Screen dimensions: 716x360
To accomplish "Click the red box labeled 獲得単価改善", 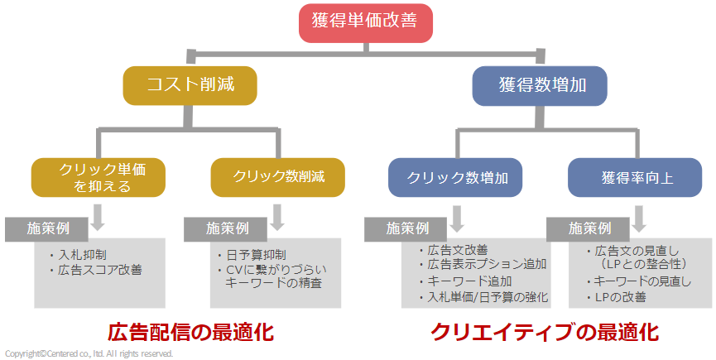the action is point(365,23).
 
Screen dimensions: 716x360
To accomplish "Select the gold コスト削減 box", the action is point(190,86).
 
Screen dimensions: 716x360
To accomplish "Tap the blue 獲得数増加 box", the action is point(540,86).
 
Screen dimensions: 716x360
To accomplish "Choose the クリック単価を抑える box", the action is point(99,177).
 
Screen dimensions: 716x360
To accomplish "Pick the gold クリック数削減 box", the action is point(277,177).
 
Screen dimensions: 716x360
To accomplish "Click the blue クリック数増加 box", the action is point(455,177).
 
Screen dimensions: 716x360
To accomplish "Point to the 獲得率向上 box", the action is point(635,177).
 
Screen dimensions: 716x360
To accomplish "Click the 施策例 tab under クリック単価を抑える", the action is point(46,228).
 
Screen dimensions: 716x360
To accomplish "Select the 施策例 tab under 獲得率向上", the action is point(589,228).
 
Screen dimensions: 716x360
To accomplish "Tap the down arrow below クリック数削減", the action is point(277,218).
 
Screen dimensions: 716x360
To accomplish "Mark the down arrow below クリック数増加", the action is point(457,218).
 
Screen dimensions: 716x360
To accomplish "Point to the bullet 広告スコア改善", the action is point(96,270).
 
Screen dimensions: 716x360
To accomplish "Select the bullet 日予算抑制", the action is point(252,255).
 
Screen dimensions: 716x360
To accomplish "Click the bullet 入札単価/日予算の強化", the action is point(483,297).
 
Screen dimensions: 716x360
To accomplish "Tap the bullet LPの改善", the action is point(617,297).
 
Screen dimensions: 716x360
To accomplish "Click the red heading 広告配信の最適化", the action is point(190,332).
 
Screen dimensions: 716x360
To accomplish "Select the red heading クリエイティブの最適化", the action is point(545,332).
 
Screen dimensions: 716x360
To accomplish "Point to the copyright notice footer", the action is point(89,353).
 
